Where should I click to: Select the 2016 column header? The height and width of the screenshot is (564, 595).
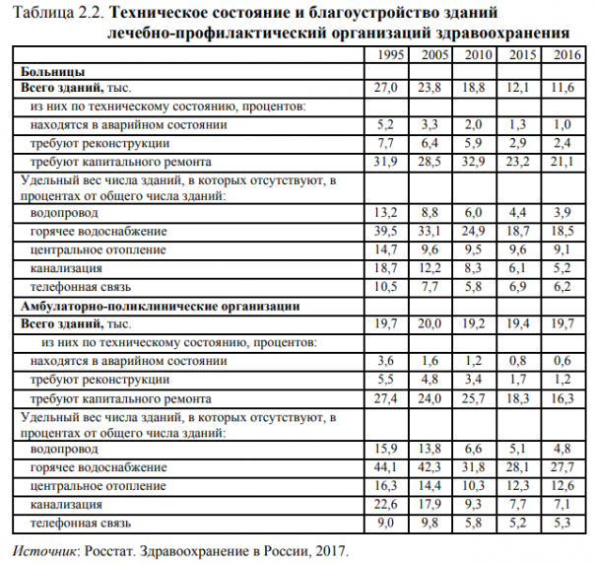tap(562, 55)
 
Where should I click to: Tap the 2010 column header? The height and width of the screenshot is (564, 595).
tap(477, 55)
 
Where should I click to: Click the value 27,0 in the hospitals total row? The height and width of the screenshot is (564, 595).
tap(386, 89)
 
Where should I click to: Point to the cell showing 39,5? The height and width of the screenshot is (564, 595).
tap(386, 232)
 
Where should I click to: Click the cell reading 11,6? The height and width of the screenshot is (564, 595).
tap(562, 89)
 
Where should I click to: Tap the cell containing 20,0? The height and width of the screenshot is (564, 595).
tap(432, 323)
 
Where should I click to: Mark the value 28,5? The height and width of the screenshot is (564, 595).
tap(432, 161)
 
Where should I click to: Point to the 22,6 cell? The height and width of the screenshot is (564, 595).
tap(386, 504)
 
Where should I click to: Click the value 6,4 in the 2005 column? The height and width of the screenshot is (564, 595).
tap(432, 143)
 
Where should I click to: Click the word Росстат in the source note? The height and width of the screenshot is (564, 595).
tap(109, 547)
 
